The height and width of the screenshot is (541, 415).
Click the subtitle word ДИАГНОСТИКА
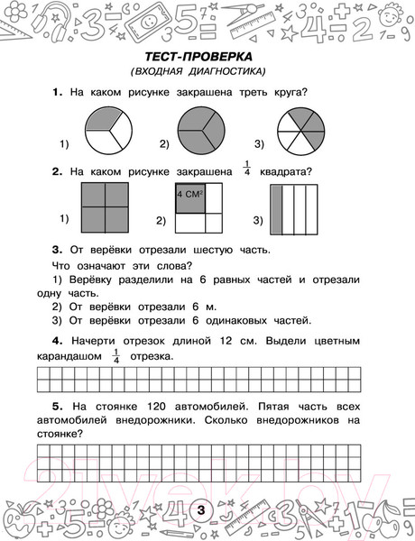coord(225,72)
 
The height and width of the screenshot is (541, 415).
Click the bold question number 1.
coord(56,92)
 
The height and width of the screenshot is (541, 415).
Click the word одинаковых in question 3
coord(235,319)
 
